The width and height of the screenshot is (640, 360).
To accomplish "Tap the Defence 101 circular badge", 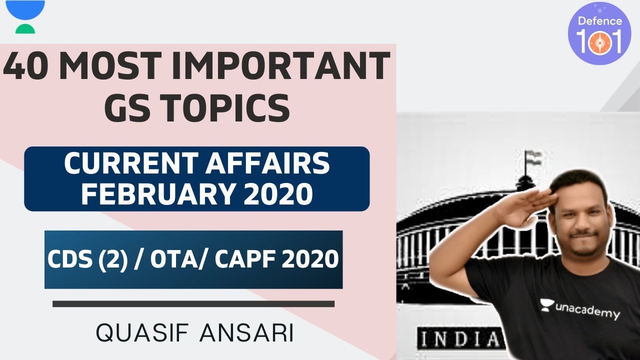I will point(599,33).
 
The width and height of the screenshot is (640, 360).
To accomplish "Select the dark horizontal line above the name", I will point(193,303).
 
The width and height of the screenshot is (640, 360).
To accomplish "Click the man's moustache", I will point(583,233).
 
